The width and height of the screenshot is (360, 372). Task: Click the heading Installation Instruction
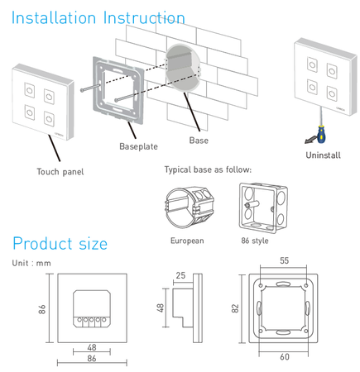(x=98, y=17)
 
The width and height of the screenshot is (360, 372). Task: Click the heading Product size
(x=60, y=243)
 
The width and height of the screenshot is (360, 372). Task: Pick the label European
(x=187, y=241)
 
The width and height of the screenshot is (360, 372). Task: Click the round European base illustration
(x=190, y=207)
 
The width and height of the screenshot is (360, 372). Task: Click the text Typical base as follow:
(x=208, y=169)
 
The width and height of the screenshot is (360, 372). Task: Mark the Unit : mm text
(x=32, y=263)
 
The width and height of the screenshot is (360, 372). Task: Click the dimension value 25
(x=180, y=275)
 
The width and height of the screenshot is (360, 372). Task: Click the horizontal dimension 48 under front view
(x=91, y=347)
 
